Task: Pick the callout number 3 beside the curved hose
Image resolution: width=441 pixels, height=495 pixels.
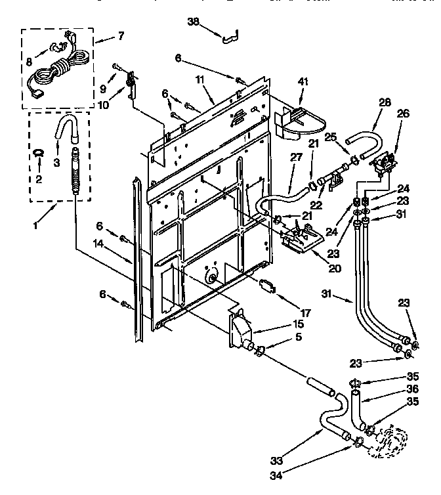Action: pos(56,162)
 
